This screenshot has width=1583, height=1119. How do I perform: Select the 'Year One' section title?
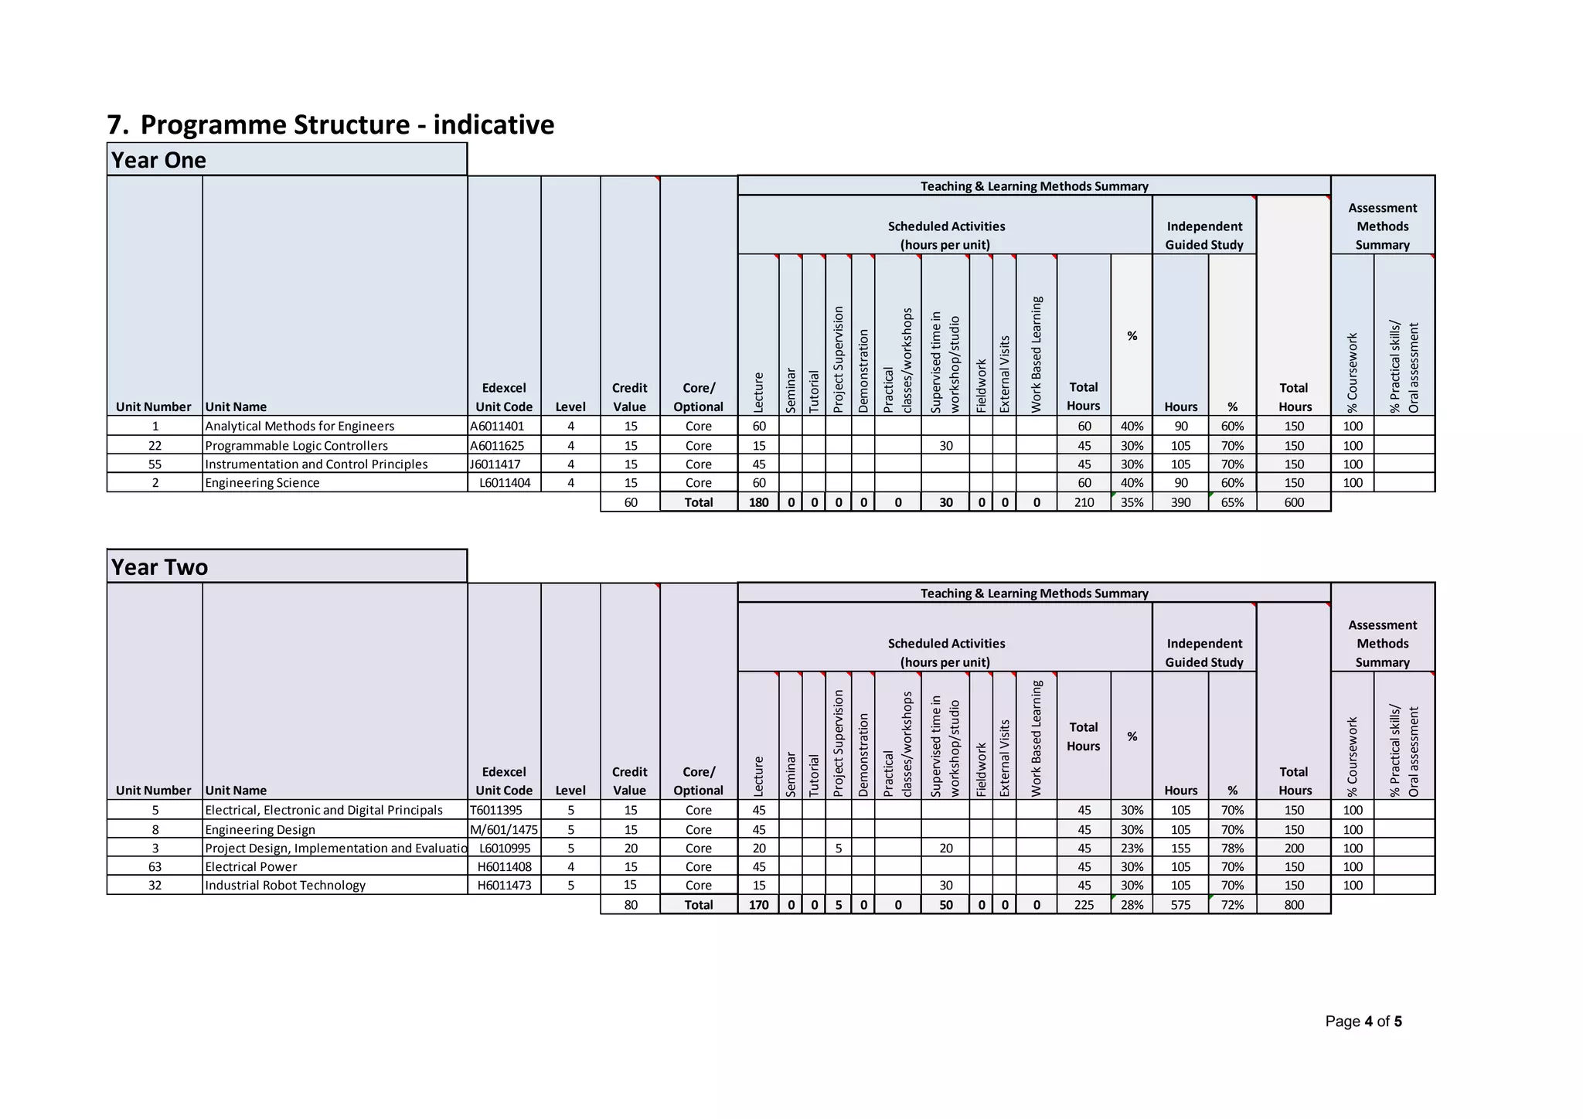[158, 160]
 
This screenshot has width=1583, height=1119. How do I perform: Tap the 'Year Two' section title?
[159, 567]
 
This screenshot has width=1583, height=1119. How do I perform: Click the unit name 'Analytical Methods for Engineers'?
[300, 426]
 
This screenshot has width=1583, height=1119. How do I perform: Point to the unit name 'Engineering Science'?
[262, 483]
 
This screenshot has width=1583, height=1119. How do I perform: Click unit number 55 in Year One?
[155, 464]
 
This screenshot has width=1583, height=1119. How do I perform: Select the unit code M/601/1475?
[504, 829]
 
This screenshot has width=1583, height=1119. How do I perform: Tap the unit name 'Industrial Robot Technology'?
[285, 886]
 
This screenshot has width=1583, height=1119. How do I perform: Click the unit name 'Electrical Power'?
[251, 867]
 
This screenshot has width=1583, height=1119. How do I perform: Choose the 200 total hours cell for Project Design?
[1294, 848]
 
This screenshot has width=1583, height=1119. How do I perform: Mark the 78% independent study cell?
[1232, 848]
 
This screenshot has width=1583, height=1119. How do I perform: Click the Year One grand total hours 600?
[1294, 502]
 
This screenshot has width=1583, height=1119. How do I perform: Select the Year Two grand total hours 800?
[1294, 905]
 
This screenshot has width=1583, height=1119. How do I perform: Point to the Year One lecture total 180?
[758, 502]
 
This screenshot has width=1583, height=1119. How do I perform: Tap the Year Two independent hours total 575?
[1180, 905]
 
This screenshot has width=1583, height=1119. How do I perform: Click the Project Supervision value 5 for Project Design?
[839, 848]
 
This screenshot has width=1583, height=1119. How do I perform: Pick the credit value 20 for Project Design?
[631, 848]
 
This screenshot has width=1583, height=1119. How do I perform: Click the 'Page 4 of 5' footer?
[1363, 1022]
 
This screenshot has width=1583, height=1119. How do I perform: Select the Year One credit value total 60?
[631, 502]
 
